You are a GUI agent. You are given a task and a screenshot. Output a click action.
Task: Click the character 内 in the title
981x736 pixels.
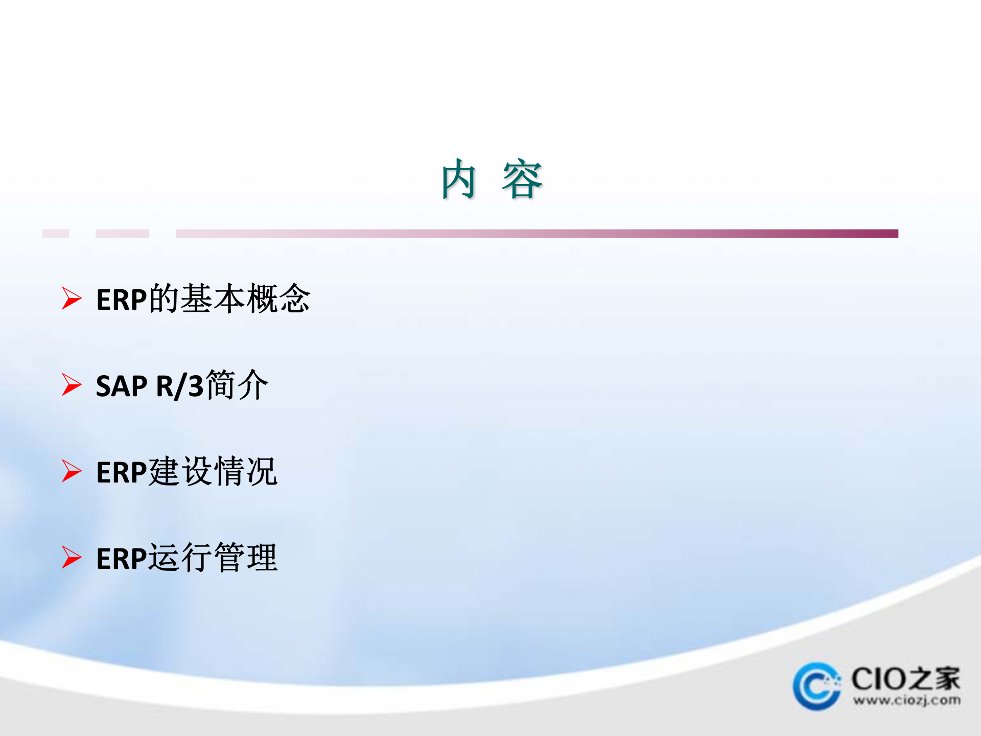(x=458, y=179)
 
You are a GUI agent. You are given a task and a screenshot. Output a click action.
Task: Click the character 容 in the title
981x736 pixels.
(x=522, y=179)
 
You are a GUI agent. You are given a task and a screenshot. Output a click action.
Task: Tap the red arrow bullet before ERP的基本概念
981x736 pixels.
(x=72, y=298)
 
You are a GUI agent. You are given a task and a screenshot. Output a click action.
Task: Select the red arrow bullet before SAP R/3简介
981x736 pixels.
(x=72, y=384)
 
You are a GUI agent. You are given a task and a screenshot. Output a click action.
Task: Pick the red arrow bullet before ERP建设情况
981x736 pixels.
(x=72, y=471)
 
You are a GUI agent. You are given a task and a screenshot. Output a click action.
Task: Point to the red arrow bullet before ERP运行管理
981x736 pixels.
(x=72, y=557)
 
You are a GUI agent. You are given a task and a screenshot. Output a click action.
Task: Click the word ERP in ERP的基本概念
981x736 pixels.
(x=122, y=300)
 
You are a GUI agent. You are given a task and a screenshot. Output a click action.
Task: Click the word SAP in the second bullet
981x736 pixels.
(x=122, y=386)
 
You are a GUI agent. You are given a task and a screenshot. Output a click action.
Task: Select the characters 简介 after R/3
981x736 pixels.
(x=237, y=385)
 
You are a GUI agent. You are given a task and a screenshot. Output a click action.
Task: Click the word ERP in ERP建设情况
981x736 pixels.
(x=122, y=472)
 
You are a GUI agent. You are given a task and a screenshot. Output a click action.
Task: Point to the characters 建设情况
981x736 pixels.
(x=213, y=471)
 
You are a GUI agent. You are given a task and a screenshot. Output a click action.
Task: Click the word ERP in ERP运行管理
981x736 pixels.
(x=122, y=559)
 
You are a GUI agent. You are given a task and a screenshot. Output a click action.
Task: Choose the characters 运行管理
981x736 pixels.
(x=213, y=558)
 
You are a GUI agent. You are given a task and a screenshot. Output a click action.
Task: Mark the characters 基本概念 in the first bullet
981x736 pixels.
(x=245, y=298)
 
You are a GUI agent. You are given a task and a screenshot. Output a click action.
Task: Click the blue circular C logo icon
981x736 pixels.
(x=816, y=686)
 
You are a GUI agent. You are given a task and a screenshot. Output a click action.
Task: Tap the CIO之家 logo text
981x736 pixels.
(x=905, y=679)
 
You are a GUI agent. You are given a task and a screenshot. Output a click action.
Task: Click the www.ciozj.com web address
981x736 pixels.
(x=906, y=700)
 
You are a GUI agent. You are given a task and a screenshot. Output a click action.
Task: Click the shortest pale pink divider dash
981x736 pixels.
(x=55, y=234)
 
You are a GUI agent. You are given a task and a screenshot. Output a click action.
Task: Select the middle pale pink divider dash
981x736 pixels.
(x=122, y=234)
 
